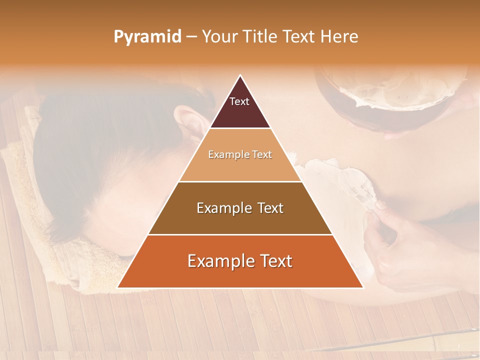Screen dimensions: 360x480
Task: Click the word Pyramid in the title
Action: pos(147,37)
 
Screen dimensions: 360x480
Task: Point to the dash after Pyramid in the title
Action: pos(191,37)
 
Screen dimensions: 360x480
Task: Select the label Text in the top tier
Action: pos(239,101)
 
